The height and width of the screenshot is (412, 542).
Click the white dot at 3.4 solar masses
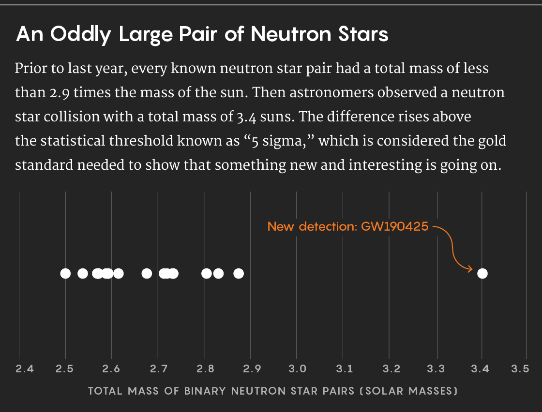pos(482,274)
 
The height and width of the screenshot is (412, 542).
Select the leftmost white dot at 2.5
pos(65,274)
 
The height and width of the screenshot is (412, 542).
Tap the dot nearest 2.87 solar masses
pos(239,274)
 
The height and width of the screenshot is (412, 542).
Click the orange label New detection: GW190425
pos(348,226)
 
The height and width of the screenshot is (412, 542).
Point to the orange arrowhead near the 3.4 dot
pos(469,269)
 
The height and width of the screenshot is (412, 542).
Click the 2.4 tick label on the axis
pos(25,369)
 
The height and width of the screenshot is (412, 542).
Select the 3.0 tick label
pos(297,369)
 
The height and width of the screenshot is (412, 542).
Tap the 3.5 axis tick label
pos(520,369)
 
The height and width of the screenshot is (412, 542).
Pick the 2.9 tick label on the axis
pos(252,369)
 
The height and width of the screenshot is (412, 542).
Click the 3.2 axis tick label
pos(391,369)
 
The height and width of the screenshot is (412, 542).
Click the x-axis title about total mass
pos(272,391)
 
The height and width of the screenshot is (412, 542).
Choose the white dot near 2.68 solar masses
pos(147,274)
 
